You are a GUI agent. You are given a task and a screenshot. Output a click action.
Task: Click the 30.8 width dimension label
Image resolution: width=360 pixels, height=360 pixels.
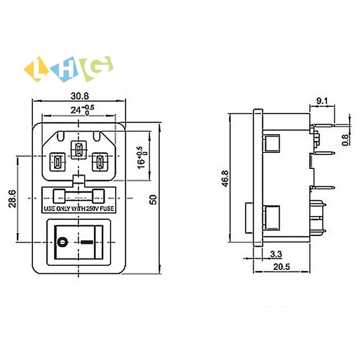tap(79, 96)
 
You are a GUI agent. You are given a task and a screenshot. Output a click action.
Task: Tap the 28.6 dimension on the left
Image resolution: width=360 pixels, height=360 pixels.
tap(12, 198)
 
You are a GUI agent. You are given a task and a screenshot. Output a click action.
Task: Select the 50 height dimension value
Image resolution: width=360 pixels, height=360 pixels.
tap(154, 199)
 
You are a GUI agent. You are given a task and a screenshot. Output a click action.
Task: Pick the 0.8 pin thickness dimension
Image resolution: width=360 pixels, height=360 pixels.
tap(346, 140)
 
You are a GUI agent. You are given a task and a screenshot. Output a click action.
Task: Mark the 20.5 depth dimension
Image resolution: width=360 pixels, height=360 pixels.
tap(281, 266)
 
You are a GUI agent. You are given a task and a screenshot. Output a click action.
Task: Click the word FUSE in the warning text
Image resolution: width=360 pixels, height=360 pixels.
tap(106, 209)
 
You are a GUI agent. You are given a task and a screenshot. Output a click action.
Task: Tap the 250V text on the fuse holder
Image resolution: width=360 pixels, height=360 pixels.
tap(89, 209)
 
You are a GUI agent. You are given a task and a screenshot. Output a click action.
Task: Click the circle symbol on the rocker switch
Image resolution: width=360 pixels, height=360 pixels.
tap(63, 242)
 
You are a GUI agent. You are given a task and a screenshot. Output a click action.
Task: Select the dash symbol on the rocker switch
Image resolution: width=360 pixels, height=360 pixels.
tap(89, 242)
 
